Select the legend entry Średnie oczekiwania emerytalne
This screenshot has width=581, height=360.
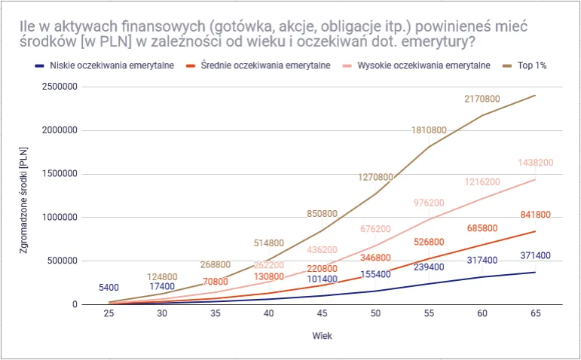(x=265, y=66)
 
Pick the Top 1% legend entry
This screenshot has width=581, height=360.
(x=531, y=66)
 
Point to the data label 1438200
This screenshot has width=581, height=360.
(x=536, y=163)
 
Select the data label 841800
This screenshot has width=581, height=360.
(x=536, y=215)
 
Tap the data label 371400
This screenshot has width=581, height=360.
(x=536, y=256)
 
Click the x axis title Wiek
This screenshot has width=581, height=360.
(x=323, y=335)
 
